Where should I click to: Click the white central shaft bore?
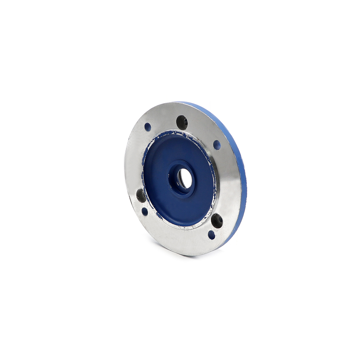tap(186, 178)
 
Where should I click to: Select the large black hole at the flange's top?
tap(182, 122)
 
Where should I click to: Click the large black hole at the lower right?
tap(217, 220)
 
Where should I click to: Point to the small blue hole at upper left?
tap(148, 127)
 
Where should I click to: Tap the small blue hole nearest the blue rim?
tap(217, 145)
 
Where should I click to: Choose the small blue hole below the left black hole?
tap(145, 211)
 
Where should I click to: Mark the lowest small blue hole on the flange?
tap(212, 235)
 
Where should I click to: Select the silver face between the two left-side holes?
tap(143, 204)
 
